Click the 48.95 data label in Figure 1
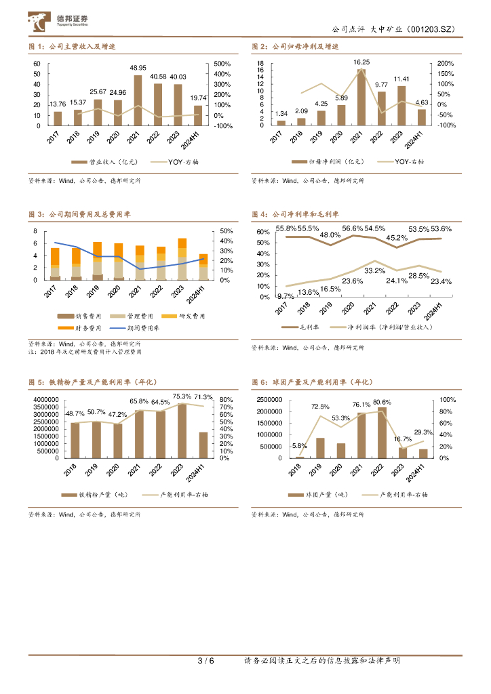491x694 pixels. coord(138,68)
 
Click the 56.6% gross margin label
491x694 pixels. coord(353,228)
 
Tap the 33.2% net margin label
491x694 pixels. coord(374,270)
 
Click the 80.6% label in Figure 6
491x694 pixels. coord(382,403)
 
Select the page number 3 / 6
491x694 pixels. coord(205,661)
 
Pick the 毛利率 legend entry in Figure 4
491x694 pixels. coord(300,327)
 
